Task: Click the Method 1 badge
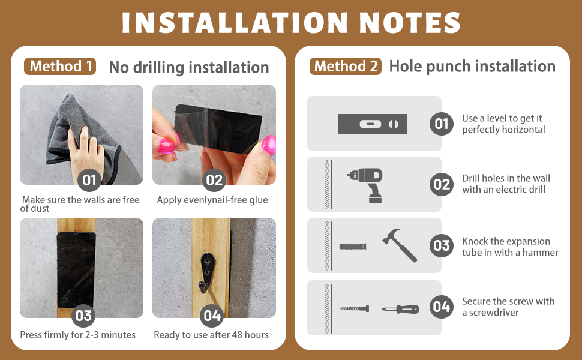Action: pos(60,67)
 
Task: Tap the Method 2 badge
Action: pos(345,67)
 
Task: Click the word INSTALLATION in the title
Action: pos(235,23)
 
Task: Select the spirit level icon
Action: pos(372,124)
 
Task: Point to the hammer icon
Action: pos(400,245)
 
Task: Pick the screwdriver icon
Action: pos(400,309)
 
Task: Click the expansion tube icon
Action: pos(353,247)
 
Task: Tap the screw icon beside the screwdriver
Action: pos(355,308)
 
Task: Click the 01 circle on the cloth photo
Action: pos(89,180)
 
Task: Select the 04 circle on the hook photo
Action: pos(212,316)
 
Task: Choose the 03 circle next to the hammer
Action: pos(442,245)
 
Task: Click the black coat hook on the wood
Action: pos(206,271)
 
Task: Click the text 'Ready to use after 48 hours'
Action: pos(211,335)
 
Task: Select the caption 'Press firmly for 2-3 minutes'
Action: pos(77,335)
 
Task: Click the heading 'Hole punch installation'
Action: pos(472,67)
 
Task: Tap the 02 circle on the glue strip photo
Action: pos(214,180)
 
